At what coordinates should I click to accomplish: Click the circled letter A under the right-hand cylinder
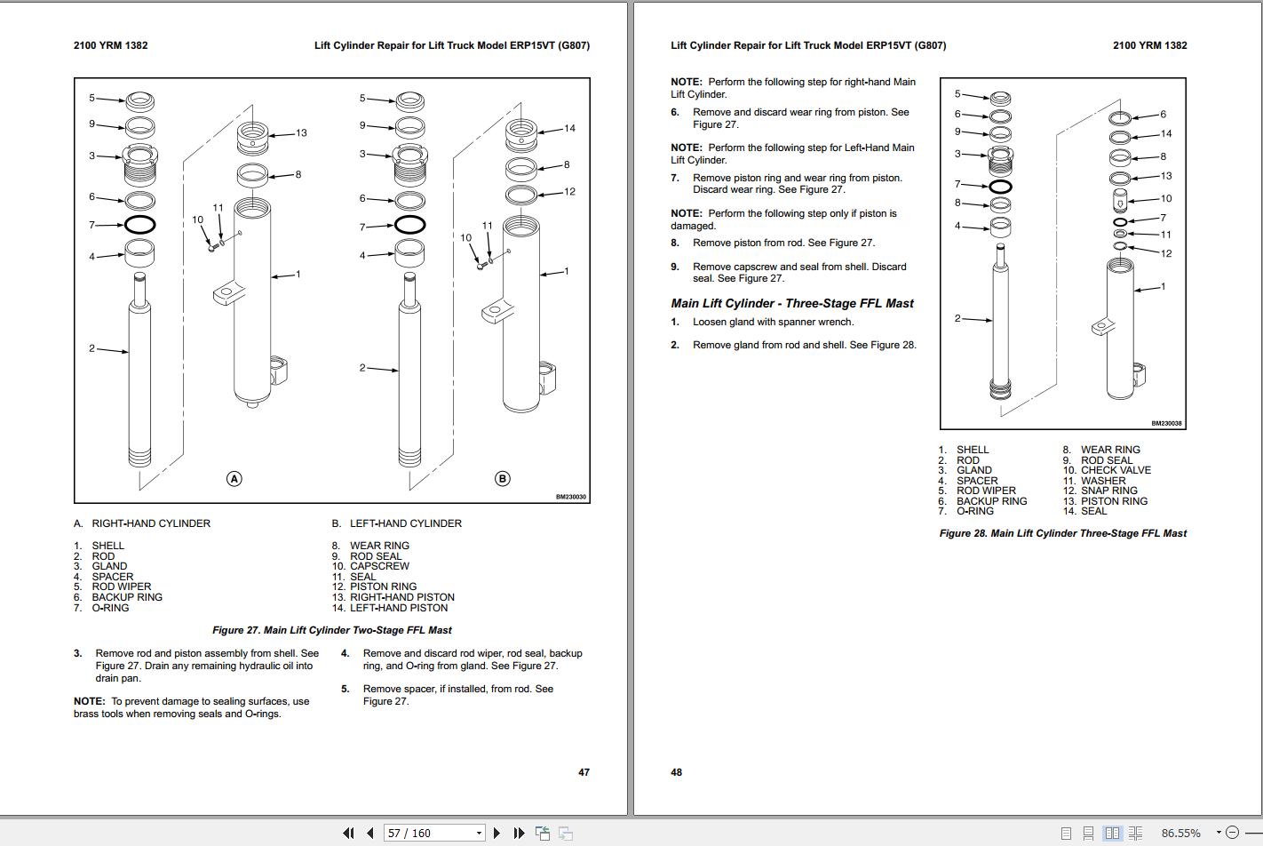point(234,479)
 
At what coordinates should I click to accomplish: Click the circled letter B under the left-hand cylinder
point(502,479)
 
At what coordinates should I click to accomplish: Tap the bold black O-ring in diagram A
point(140,225)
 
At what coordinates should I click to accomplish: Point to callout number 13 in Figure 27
point(301,133)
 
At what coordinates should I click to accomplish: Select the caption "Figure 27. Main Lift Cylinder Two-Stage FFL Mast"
point(331,630)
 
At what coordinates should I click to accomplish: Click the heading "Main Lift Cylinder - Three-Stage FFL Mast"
point(792,303)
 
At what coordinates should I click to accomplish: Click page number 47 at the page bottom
point(584,772)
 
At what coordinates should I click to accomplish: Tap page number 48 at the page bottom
point(676,772)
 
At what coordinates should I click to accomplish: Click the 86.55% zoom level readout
point(1180,833)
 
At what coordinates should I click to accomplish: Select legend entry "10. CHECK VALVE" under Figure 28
point(1107,470)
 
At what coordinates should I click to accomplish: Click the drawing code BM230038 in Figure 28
point(1167,424)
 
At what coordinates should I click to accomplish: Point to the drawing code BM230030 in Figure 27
point(571,497)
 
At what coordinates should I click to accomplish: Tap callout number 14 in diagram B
point(569,128)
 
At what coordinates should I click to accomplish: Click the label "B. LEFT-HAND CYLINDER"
point(397,523)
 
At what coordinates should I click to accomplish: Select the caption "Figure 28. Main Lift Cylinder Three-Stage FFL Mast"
point(1063,533)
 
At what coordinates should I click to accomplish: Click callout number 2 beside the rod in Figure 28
point(957,318)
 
